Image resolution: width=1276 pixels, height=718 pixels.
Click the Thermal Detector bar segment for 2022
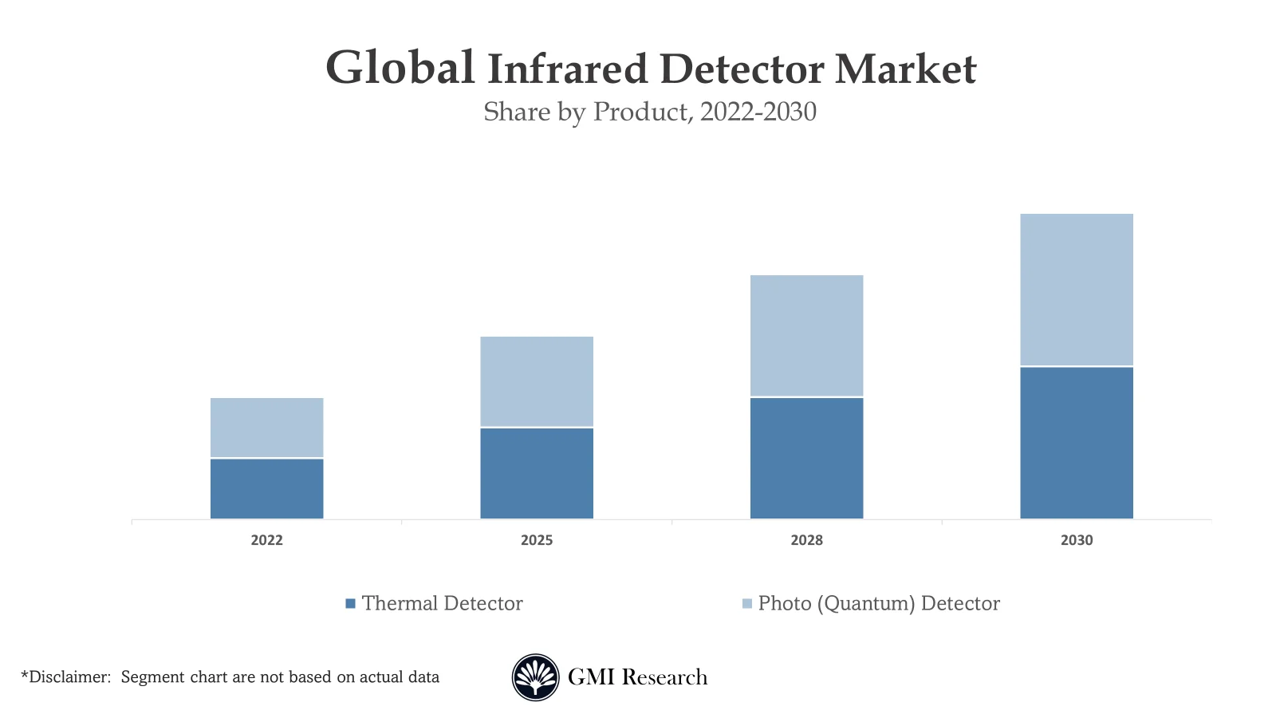point(266,488)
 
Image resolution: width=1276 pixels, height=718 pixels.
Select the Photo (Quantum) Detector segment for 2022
point(266,428)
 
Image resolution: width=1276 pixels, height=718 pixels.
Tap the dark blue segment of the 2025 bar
point(537,473)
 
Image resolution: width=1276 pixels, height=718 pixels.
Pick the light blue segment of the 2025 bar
point(537,381)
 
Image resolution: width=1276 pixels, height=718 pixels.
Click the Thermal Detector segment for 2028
point(806,458)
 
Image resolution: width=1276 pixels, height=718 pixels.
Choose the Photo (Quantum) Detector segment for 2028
point(806,335)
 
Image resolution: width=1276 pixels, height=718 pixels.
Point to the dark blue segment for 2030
point(1076,443)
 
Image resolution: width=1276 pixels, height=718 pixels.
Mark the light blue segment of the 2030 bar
point(1076,290)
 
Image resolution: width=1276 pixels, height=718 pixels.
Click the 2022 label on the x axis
point(266,540)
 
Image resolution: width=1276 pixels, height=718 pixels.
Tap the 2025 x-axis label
point(537,540)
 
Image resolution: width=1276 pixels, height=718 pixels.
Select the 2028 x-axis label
point(806,540)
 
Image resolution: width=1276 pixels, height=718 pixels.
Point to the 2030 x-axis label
point(1076,540)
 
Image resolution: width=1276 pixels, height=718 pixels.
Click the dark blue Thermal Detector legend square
point(350,604)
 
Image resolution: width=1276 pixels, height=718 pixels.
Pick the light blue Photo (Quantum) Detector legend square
point(746,604)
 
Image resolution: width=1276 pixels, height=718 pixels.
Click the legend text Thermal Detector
point(442,603)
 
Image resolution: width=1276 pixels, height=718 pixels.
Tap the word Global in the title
point(400,68)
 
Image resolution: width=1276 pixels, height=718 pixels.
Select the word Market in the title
point(905,69)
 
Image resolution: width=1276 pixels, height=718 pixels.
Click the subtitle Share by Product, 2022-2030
point(650,112)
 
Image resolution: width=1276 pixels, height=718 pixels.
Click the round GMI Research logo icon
point(535,677)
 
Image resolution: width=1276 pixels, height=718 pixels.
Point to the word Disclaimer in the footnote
point(67,677)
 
